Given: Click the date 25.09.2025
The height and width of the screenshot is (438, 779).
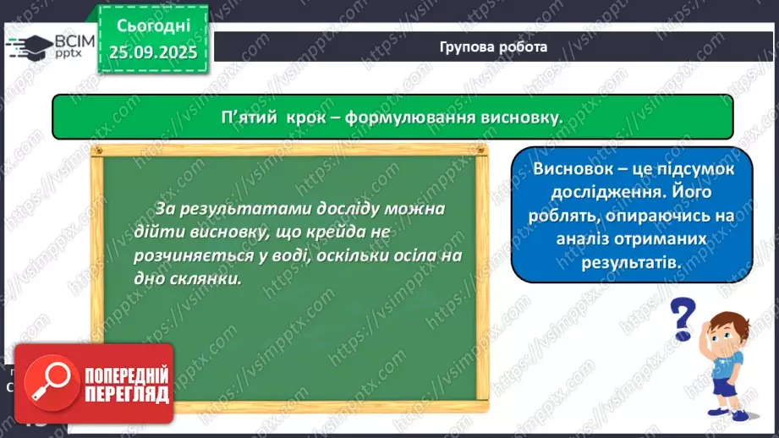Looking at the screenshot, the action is tap(153, 52).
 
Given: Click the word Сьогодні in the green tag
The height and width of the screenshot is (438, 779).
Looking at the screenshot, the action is tap(153, 26).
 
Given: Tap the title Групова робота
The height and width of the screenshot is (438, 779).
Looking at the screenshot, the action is tap(493, 47).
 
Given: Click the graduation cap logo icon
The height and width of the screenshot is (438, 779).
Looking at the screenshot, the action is tap(30, 47).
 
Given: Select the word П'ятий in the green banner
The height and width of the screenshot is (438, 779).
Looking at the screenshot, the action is tap(249, 118).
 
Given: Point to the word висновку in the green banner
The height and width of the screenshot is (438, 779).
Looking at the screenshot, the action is tap(522, 118).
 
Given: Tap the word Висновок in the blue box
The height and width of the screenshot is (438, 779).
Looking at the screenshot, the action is tap(573, 169).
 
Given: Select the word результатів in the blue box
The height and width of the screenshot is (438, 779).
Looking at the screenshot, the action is tap(631, 262).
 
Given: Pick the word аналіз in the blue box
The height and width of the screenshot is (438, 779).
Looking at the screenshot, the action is tap(582, 238).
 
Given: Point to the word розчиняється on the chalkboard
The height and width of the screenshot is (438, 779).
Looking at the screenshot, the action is tap(194, 255).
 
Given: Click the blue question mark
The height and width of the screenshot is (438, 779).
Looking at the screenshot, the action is tap(682, 318).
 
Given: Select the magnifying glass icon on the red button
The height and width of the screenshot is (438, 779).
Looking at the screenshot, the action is tap(51, 382).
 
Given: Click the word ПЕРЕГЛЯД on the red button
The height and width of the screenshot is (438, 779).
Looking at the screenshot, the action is tap(127, 394).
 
